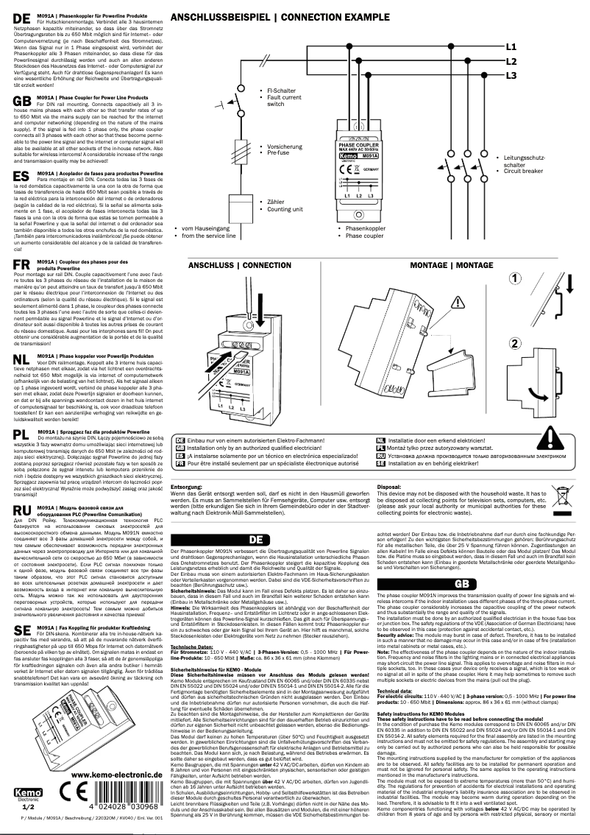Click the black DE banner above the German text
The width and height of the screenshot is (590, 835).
(x=275, y=539)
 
